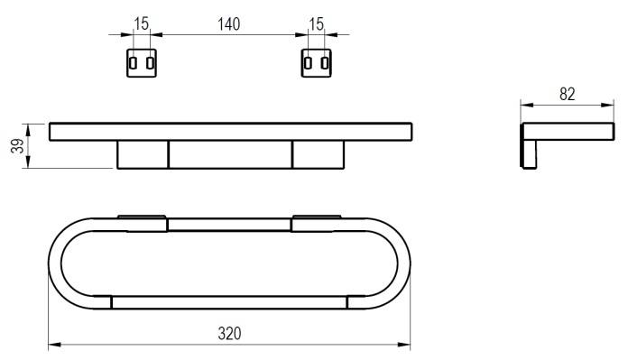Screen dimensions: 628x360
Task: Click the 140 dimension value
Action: tap(228, 24)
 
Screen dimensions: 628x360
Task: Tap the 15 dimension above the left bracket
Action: tap(142, 24)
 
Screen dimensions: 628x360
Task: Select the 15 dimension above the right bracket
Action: tap(316, 24)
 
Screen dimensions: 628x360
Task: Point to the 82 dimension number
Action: tap(568, 94)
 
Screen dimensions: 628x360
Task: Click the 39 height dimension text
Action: tap(18, 146)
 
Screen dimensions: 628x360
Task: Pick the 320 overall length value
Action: tap(229, 333)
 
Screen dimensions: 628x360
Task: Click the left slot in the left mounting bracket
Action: tap(133, 63)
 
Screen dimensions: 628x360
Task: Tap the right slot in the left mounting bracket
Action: tap(150, 63)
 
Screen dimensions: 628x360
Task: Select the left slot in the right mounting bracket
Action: tap(308, 63)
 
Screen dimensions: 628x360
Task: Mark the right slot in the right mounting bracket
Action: tap(325, 63)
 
